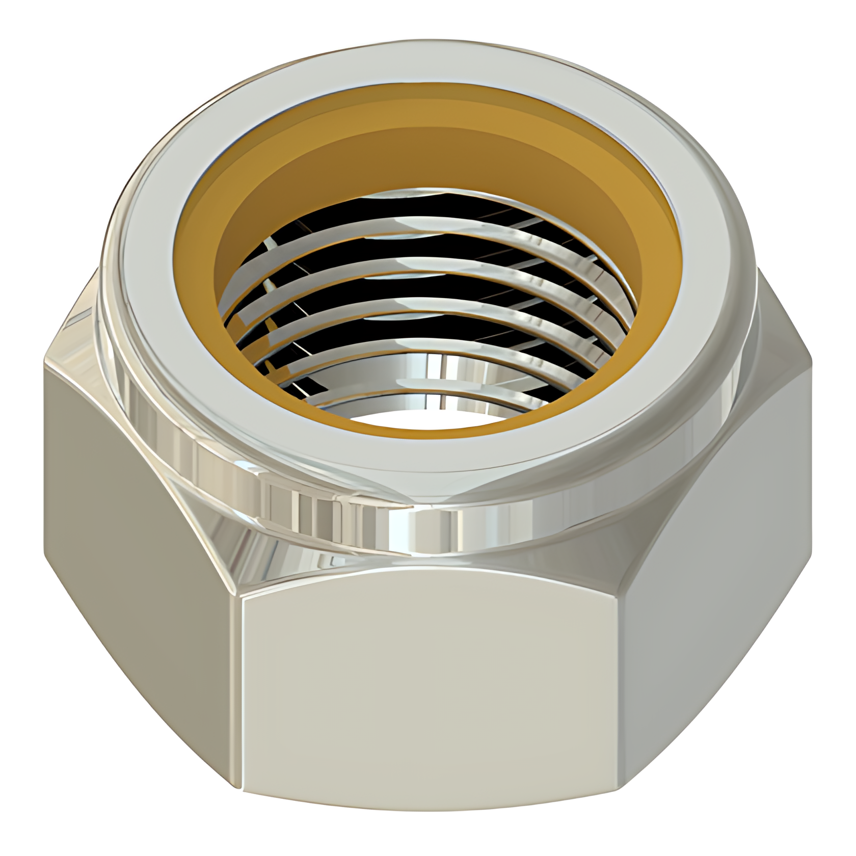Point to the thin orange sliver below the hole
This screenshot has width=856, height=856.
pyautogui.click(x=433, y=432)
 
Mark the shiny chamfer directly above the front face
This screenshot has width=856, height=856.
pyautogui.click(x=433, y=555)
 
